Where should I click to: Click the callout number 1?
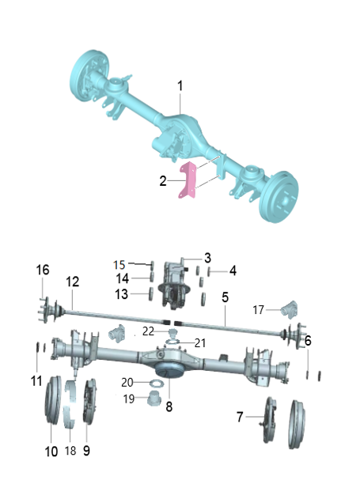pos(180,85)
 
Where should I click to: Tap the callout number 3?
pos(207,258)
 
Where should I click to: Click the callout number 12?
pos(72,281)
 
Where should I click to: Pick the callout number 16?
pos(43,270)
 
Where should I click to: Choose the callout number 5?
pos(225,298)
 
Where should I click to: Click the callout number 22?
pos(149,330)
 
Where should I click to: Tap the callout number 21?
pos(199,343)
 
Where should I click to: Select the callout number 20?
pos(128,383)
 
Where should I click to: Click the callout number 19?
pos(127,399)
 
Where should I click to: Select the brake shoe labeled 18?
pos(70,411)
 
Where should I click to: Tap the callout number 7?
pos(241,415)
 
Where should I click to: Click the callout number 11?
pos(36,380)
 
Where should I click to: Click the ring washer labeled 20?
pos(155,384)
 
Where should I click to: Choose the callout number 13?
pos(122,294)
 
